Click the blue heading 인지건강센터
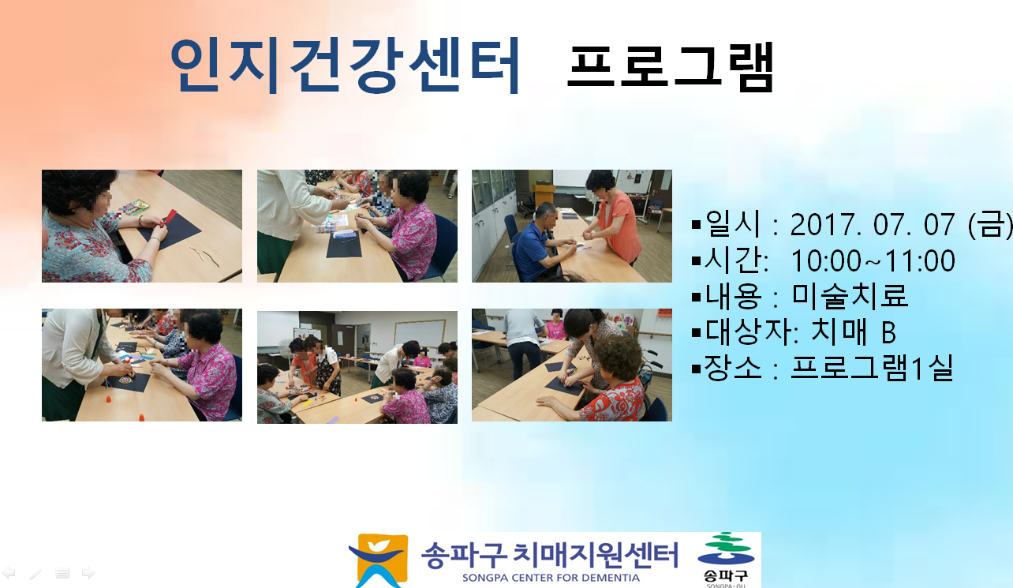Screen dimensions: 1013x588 tap(345, 66)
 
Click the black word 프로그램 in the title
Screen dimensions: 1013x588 tap(671, 67)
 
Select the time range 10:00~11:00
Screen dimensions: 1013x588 tap(873, 260)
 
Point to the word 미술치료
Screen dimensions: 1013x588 tap(850, 296)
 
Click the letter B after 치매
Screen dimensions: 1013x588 tap(888, 332)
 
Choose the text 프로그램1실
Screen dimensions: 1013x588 tap(873, 367)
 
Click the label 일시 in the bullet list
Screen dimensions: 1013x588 tap(733, 223)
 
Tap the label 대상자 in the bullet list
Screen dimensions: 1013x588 tap(746, 331)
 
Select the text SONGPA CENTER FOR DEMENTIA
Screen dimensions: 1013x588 tap(551, 578)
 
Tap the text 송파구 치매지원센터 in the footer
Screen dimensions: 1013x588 tap(549, 555)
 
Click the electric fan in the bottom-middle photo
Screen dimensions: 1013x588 tap(286, 351)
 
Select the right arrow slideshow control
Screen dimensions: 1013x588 tap(88, 573)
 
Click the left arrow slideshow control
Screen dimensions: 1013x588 tap(9, 573)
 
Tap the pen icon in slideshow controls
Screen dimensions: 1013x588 tap(36, 574)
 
